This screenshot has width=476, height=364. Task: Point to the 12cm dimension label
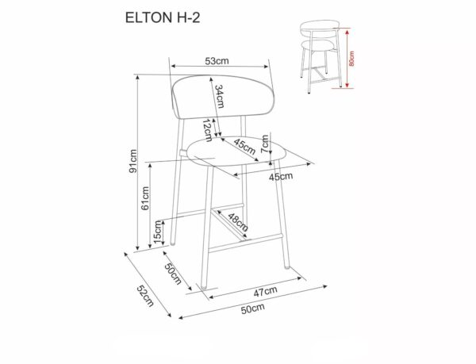[x=206, y=128]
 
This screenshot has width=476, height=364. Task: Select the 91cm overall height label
[x=134, y=161]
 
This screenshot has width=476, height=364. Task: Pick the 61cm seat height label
[x=146, y=197]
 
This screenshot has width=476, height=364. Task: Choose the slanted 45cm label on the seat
[x=244, y=147]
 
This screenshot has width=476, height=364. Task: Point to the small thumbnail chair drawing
[x=322, y=52]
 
